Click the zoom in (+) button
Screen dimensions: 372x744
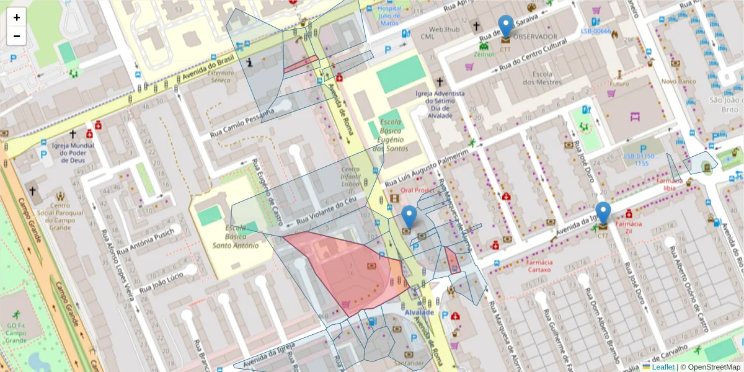coord(17,17)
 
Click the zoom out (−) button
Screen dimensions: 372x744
coord(17,36)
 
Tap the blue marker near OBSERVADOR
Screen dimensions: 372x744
coord(506,27)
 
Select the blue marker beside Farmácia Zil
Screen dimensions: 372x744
coord(603,214)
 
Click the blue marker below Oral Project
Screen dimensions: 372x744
coord(409,218)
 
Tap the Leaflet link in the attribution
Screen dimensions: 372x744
coord(662,367)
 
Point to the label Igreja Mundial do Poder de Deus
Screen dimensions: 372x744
coord(73,153)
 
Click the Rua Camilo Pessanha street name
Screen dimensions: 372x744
coord(242,121)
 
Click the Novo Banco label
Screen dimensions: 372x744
coord(678,81)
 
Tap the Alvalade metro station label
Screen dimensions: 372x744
coord(419,312)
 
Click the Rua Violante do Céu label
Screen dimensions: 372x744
coord(327,212)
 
